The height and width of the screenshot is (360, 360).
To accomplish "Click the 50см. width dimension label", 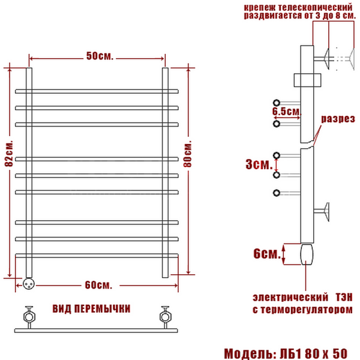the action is point(100,56).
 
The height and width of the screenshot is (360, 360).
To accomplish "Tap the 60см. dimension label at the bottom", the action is point(98,285).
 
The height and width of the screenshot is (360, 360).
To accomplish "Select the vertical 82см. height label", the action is point(9,153).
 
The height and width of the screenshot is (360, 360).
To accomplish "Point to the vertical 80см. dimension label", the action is point(187,154).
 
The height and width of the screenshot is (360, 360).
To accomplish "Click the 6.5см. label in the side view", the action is point(287,112).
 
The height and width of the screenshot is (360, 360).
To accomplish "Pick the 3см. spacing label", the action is point(259,164).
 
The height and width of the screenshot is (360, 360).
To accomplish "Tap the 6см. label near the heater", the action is point(267,254).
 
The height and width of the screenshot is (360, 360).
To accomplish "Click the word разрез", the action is point(338,119).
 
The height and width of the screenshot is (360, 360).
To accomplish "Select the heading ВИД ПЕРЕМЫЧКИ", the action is point(91,309).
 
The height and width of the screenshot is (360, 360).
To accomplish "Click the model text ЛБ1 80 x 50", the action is point(313,354).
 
